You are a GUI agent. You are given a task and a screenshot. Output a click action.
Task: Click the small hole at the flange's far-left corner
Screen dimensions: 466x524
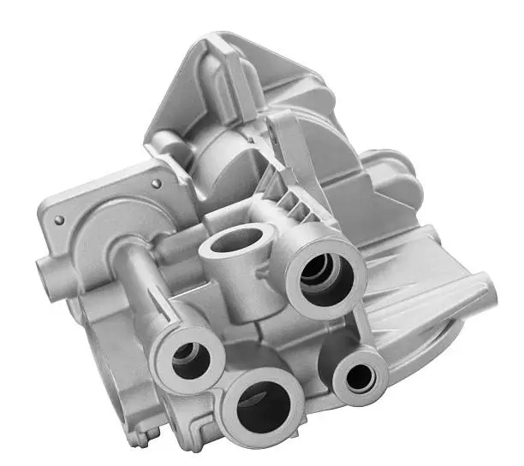(58, 220)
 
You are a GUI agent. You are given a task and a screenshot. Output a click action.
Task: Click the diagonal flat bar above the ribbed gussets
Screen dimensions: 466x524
(283, 150)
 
